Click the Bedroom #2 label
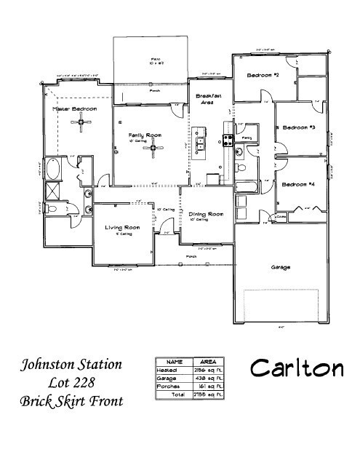(263, 76)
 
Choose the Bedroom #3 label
(298, 128)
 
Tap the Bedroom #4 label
(298, 184)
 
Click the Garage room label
(281, 268)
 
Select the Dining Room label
(205, 214)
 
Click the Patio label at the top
(155, 58)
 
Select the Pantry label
(247, 137)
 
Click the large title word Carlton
(296, 368)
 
